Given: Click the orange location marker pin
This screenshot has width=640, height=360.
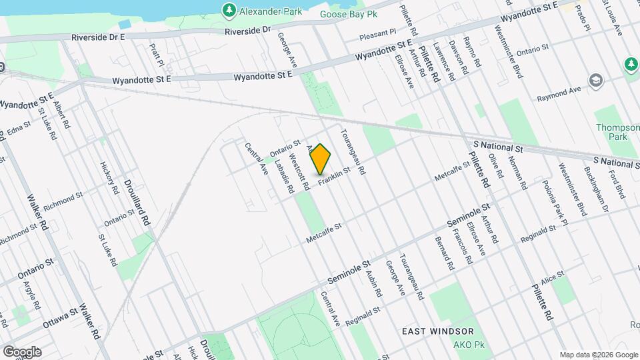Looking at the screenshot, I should (x=321, y=159).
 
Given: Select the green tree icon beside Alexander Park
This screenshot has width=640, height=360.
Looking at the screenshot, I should (x=229, y=10).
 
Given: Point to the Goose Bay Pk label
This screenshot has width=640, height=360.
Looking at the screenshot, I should (x=348, y=13).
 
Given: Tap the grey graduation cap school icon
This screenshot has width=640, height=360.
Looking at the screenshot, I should (x=595, y=82).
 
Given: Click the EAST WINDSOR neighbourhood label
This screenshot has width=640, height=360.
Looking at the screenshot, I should (x=438, y=331).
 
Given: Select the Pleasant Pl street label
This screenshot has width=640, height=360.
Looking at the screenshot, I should (x=377, y=31).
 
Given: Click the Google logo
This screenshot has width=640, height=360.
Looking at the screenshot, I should (x=22, y=351).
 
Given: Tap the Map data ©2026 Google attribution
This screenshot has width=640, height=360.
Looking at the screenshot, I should (x=598, y=354).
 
